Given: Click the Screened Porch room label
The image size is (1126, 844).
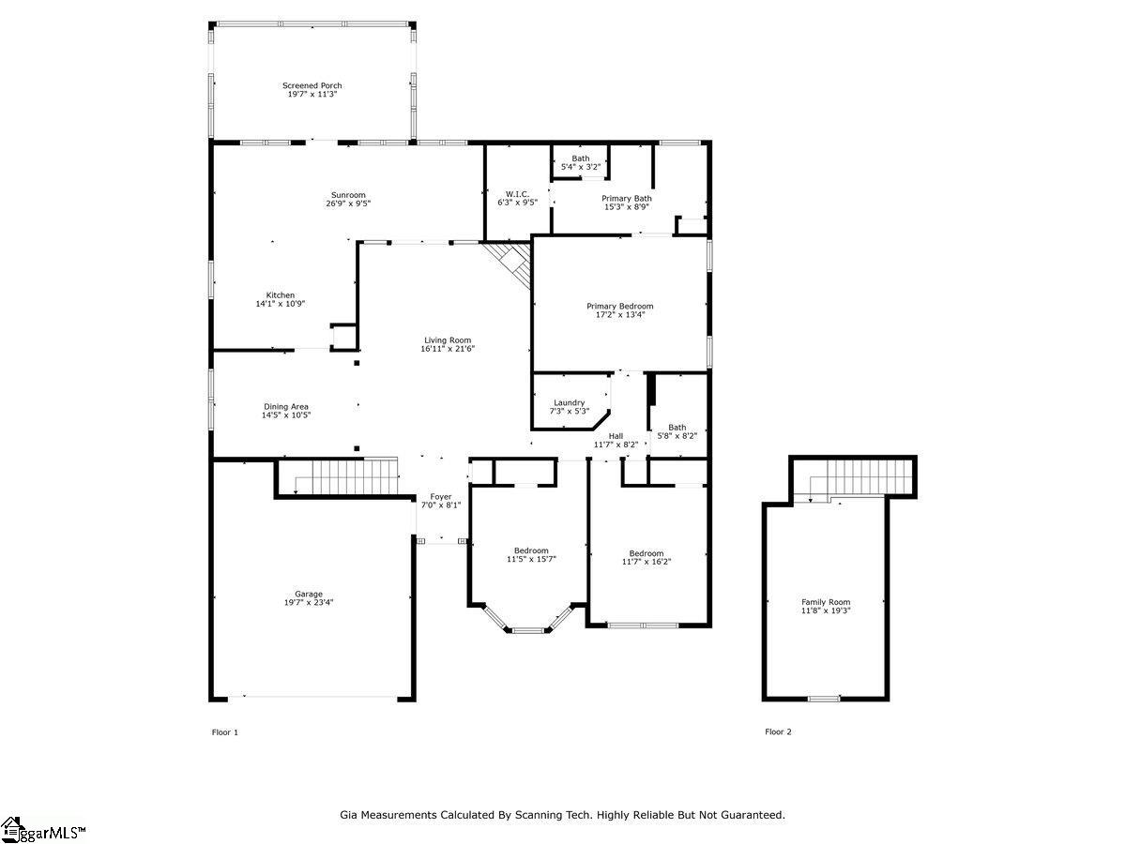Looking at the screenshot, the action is (312, 85).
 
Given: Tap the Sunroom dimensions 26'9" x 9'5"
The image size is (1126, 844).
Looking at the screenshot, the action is (348, 203).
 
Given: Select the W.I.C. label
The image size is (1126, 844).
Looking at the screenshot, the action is (517, 194).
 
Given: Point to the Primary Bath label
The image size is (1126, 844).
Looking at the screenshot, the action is (627, 198).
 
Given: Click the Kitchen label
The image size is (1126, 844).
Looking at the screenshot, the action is (280, 295).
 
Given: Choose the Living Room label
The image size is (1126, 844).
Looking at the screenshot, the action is (448, 340).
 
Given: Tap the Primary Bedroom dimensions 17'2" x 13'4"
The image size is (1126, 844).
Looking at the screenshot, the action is (619, 315).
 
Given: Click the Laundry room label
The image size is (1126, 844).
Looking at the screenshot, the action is (569, 403).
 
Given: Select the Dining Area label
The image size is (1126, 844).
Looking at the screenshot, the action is (286, 407).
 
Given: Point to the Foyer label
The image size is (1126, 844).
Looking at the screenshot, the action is (441, 497).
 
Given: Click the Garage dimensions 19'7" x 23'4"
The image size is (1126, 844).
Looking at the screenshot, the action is (309, 603).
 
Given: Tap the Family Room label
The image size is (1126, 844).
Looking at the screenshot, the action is (826, 602).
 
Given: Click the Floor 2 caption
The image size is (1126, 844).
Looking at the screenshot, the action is (778, 731).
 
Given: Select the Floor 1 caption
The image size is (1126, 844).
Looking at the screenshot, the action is (224, 732).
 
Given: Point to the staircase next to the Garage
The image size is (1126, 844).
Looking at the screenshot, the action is (346, 477).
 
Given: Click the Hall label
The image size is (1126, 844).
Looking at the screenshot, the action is (616, 436).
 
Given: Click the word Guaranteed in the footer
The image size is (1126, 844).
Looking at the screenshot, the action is (753, 815).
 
